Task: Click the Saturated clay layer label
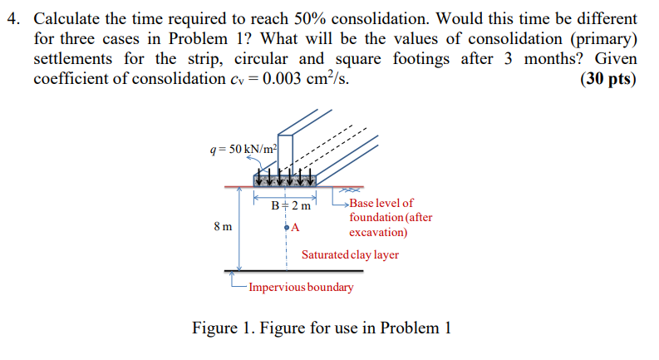pyautogui.click(x=350, y=254)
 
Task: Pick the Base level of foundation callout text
pyautogui.click(x=390, y=217)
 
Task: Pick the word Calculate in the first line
pyautogui.click(x=67, y=17)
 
